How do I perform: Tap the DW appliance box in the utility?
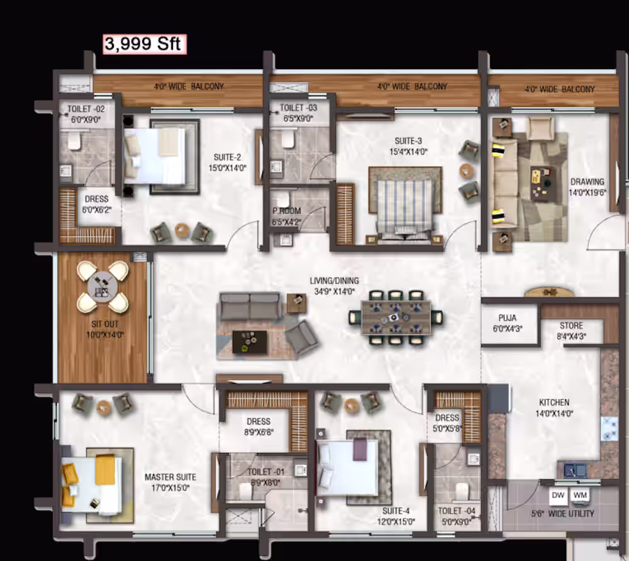coord(558,496)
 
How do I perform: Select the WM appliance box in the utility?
coord(580,496)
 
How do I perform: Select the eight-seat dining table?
coord(396,318)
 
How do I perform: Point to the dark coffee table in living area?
coord(250,342)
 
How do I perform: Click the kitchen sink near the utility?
coord(575,470)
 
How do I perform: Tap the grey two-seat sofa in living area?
coord(250,306)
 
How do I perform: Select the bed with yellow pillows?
coord(91,485)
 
